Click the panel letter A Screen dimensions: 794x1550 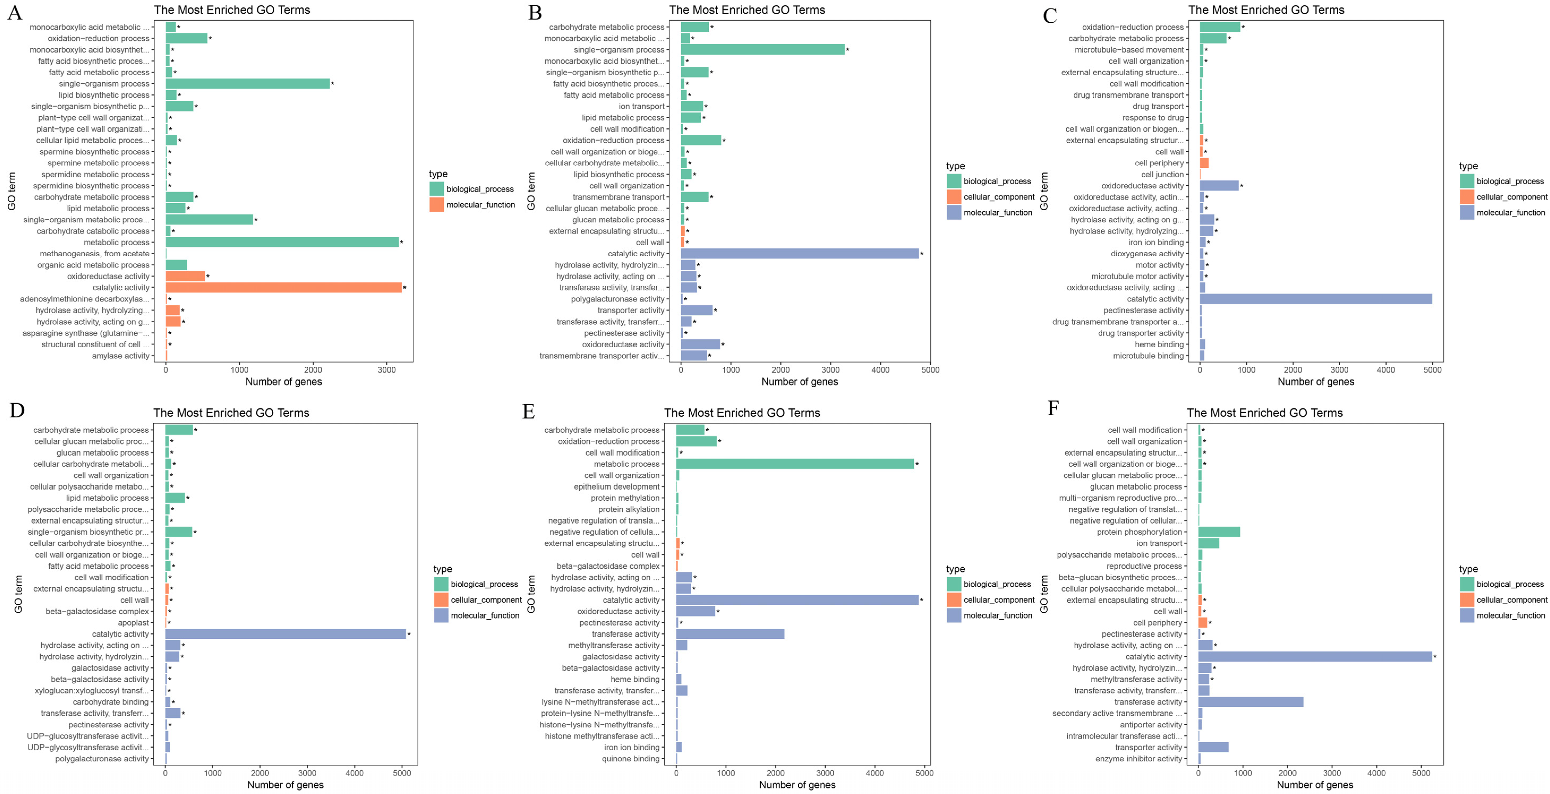(x=14, y=13)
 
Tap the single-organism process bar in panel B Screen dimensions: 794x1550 (x=762, y=50)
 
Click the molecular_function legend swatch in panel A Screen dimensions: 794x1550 (x=437, y=205)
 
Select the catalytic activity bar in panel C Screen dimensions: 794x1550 (x=1315, y=299)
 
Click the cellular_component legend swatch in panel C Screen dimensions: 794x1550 (x=1467, y=197)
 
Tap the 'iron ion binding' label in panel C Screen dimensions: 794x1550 (x=1155, y=242)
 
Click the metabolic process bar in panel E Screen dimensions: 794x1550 (x=794, y=464)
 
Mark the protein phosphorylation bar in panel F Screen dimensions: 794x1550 (x=1219, y=532)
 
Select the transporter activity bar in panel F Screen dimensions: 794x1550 (x=1213, y=747)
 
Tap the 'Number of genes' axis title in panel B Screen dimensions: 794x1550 (x=799, y=381)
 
